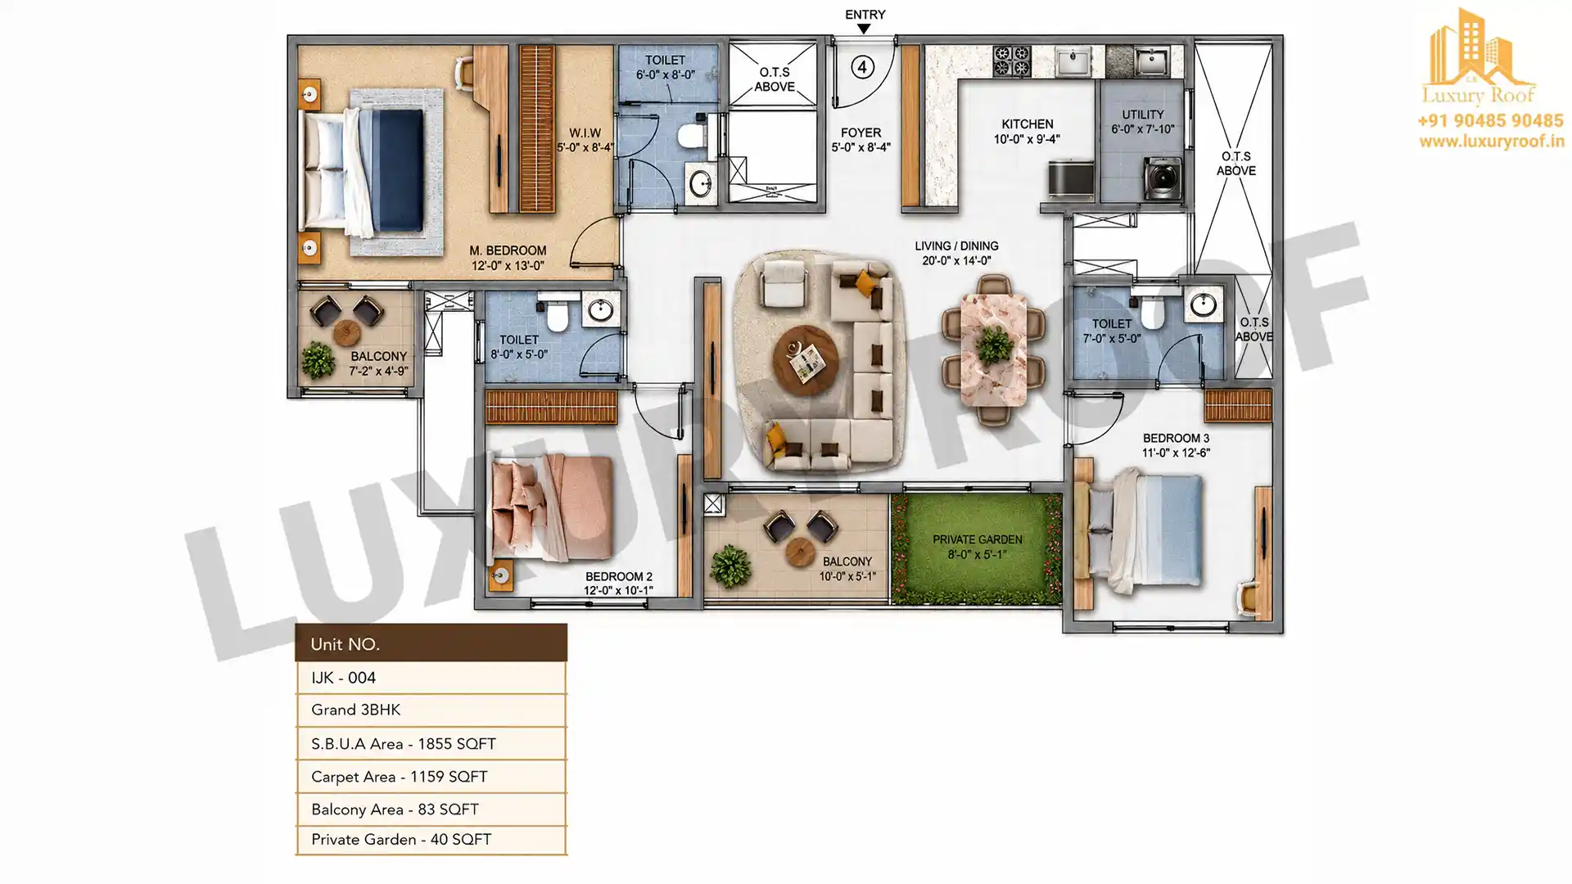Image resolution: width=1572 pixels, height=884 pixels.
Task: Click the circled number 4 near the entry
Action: pos(862,67)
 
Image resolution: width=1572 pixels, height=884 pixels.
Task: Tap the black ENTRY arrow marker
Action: pos(864,29)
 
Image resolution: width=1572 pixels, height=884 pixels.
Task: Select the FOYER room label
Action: pos(861,133)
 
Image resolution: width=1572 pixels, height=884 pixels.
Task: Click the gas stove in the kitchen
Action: pos(1011,61)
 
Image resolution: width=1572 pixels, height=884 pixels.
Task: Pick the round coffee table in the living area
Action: pos(806,361)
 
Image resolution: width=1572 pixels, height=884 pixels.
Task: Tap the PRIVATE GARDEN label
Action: pos(977,539)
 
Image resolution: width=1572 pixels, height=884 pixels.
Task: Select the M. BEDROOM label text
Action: pos(508,250)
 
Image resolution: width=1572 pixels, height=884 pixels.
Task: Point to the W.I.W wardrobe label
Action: pos(585,133)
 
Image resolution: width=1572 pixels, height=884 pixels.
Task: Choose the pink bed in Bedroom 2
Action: pos(553,507)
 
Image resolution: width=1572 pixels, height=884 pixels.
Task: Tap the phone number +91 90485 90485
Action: pos(1490,120)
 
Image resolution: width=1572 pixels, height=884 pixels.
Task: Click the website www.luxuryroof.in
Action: pos(1492,142)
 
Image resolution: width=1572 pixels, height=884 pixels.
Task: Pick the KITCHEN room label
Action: pos(1027,124)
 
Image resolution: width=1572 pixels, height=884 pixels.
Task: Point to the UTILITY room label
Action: pos(1143,115)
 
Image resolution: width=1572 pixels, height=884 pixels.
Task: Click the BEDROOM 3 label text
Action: pos(1176,438)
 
